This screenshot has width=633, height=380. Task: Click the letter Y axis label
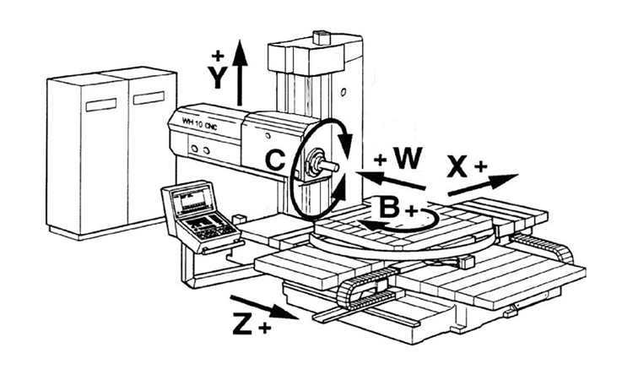[x=218, y=77]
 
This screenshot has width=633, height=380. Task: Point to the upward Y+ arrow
[x=241, y=73]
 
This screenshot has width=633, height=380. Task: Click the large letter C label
[x=275, y=159]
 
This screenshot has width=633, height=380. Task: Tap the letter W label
[x=408, y=158]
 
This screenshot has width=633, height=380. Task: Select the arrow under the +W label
[x=391, y=180]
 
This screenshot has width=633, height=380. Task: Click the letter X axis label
[x=457, y=166]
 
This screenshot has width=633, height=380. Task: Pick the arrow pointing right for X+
[x=483, y=185]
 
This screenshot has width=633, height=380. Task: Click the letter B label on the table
[x=390, y=206]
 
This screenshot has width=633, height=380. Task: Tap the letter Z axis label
[x=242, y=323]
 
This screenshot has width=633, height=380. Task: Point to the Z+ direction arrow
[x=264, y=307]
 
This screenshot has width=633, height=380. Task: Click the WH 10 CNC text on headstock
[x=199, y=123]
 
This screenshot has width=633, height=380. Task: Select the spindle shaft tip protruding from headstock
[x=330, y=166]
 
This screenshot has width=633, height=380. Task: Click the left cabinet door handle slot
[x=101, y=105]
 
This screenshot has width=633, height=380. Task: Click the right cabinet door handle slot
[x=149, y=98]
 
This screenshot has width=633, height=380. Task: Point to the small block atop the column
[x=322, y=37]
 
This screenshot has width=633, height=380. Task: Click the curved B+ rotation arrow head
[x=371, y=225]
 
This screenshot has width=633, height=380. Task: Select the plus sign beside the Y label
[x=218, y=56]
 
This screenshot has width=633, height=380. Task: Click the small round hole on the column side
[x=344, y=92]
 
